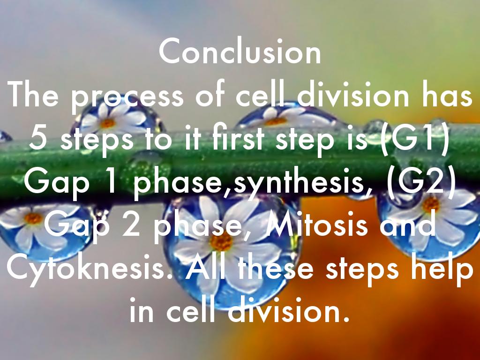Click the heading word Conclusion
(240, 52)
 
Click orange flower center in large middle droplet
(221, 242)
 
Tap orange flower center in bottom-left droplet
(33, 218)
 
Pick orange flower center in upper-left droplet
(108, 123)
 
